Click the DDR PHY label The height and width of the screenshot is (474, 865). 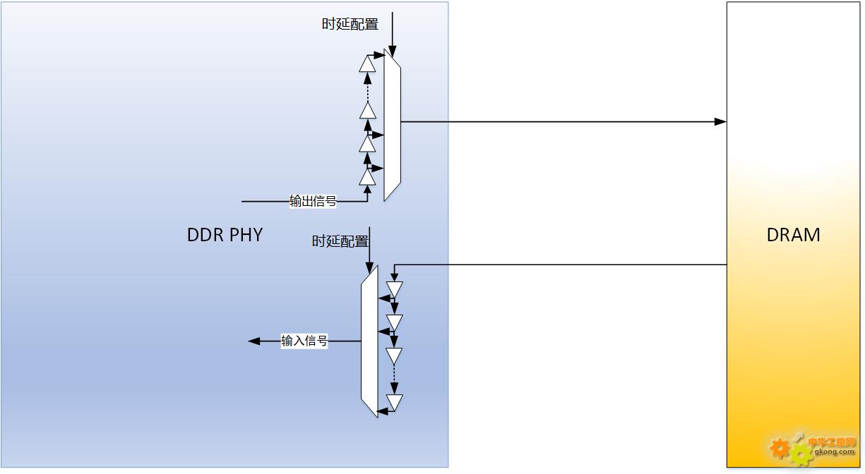[x=225, y=234]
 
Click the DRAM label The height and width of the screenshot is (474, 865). [x=793, y=234]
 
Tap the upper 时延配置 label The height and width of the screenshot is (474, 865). [x=350, y=24]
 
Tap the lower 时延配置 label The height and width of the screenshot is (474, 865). [x=340, y=241]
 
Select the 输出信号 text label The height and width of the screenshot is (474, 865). [x=313, y=201]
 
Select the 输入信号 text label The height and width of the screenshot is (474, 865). [x=304, y=341]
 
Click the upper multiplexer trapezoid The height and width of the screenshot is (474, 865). [x=392, y=125]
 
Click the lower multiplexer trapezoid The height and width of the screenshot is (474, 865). [x=369, y=341]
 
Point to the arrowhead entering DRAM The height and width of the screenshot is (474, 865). [x=720, y=122]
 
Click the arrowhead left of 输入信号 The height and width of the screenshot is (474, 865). [x=253, y=341]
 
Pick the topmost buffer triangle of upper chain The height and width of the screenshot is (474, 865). [x=367, y=63]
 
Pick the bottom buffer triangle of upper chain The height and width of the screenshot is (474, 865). [x=367, y=178]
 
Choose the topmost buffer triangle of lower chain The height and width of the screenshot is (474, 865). [x=394, y=289]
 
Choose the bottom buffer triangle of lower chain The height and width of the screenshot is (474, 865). [x=394, y=402]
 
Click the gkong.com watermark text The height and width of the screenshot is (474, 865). [x=835, y=451]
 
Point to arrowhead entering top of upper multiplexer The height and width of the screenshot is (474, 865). [x=393, y=51]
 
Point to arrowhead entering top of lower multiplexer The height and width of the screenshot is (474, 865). [x=369, y=268]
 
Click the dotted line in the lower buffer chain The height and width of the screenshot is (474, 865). [x=394, y=373]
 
